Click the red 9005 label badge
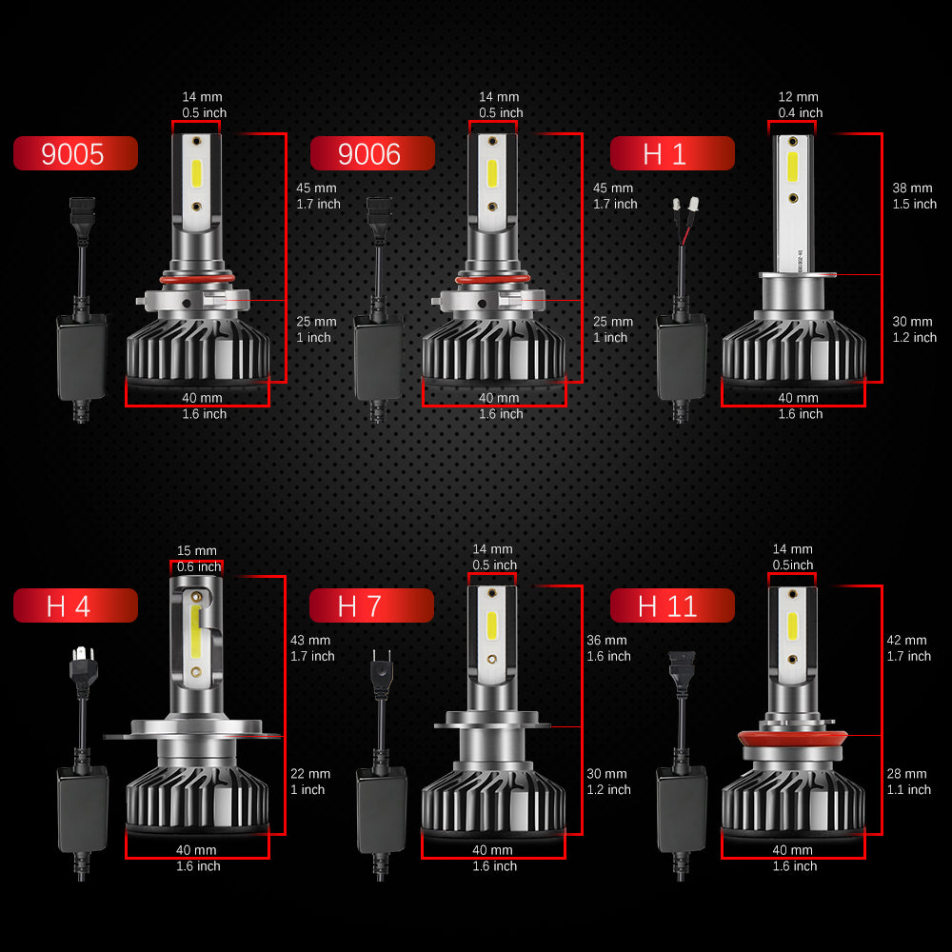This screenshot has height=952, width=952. pos(75,153)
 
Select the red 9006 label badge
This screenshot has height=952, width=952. pos(372,153)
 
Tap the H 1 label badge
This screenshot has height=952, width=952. pos(672,153)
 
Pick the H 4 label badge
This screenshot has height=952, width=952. pos(75,605)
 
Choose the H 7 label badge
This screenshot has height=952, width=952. pos(371,605)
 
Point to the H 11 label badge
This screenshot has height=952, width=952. pos(672,605)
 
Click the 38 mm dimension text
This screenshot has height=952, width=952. pos(912,188)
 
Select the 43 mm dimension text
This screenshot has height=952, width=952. pos(310,640)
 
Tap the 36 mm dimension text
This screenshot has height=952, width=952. pos(606,640)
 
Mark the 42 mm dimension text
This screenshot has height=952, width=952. pos(906,640)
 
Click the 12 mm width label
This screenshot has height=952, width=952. pos(799,97)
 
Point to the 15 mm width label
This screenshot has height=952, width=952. pos(197,550)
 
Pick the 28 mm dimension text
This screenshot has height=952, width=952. pos(906,773)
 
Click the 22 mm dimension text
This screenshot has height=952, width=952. pos(310,773)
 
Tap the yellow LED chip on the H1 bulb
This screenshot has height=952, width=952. pos(792,167)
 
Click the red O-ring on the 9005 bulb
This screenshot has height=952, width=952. pos(197,279)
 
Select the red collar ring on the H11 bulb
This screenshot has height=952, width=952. pos(792,739)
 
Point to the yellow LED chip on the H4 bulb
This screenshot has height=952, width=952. pos(195,631)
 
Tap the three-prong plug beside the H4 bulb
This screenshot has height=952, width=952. pos(83,667)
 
